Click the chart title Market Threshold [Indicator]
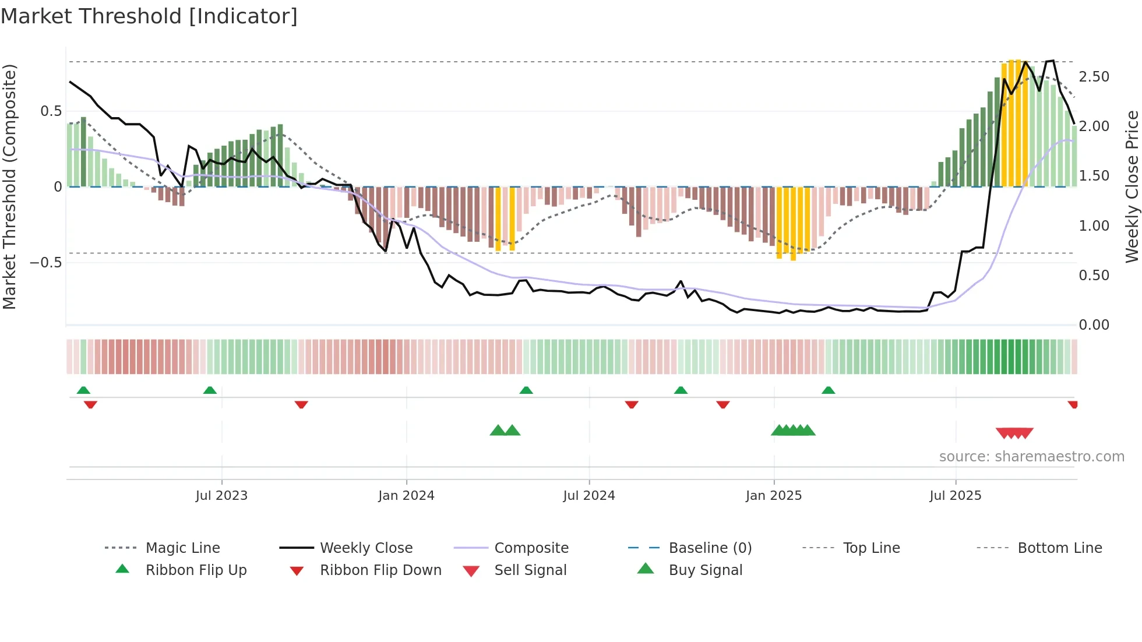point(149,16)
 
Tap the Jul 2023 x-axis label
point(221,496)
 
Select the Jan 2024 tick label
point(406,496)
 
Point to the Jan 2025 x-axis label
point(774,496)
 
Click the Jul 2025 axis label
point(956,496)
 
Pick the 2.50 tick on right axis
point(1094,77)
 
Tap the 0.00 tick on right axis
point(1094,325)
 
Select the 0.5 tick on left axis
point(51,111)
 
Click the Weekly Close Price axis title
point(1132,186)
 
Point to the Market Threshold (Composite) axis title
point(9,186)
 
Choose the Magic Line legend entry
point(182,548)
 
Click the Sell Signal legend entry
point(530,570)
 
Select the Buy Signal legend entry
point(705,570)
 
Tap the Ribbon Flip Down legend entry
point(380,570)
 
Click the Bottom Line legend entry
point(1059,548)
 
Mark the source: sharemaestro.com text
point(1031,457)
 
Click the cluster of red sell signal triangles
point(1014,433)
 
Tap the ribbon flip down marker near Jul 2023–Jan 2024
point(301,404)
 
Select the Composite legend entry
point(531,548)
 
